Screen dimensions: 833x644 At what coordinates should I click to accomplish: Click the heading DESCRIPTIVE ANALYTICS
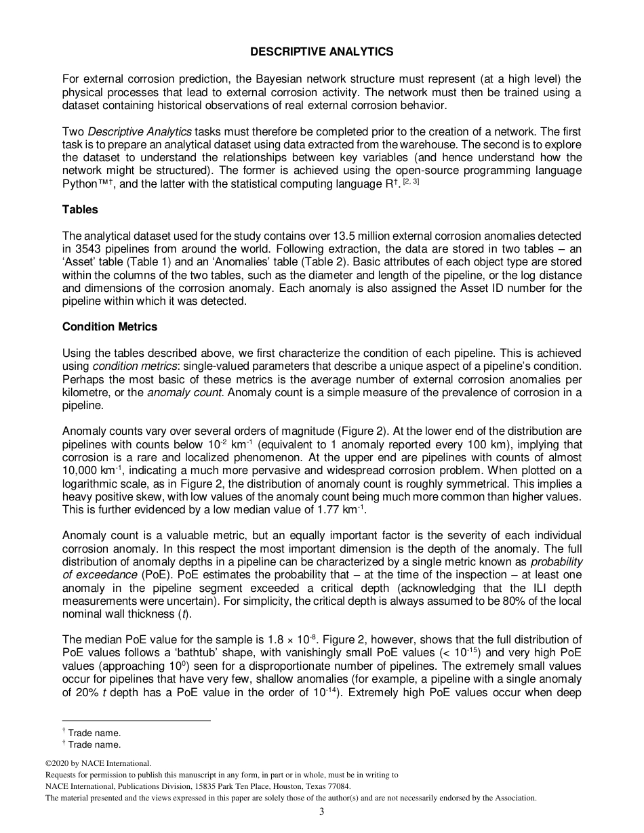click(x=321, y=51)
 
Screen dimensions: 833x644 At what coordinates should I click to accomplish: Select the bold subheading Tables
click(x=80, y=209)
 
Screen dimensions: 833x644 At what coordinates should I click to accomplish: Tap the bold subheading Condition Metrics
click(x=110, y=326)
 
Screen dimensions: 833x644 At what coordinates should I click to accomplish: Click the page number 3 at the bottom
click(x=322, y=812)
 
